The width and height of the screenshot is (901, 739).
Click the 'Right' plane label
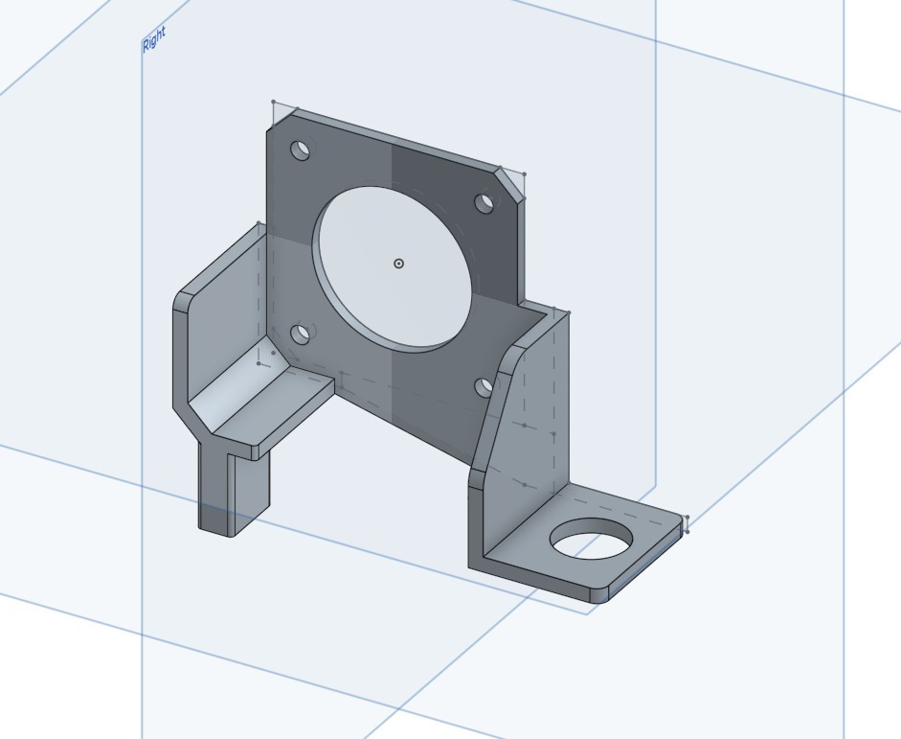click(154, 39)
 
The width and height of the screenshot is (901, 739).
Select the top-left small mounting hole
click(301, 150)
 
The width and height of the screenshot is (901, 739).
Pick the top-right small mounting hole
click(484, 203)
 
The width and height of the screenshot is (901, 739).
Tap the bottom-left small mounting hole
click(301, 334)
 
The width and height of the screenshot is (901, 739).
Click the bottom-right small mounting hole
click(484, 386)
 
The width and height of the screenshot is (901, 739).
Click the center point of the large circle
click(399, 264)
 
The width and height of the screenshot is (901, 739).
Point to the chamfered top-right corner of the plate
click(510, 186)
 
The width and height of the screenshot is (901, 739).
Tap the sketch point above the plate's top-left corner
click(274, 102)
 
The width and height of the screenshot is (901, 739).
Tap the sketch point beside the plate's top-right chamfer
click(524, 174)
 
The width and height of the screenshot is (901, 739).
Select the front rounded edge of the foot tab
click(642, 570)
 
